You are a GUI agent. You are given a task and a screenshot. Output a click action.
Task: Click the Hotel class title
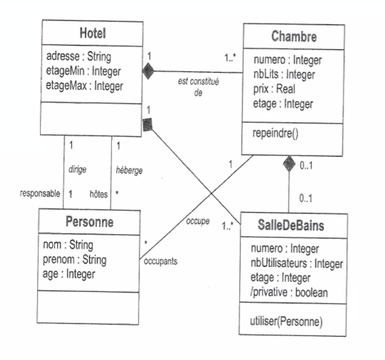92,33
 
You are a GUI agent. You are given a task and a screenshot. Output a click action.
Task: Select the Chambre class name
294,37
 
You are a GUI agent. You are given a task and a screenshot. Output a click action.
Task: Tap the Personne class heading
89,222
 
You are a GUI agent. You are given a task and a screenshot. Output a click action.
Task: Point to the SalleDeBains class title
294,226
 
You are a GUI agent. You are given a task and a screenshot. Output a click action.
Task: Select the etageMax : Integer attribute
84,85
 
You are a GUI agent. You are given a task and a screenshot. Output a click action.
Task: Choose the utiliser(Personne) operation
286,321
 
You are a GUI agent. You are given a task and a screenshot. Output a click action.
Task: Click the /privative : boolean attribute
289,293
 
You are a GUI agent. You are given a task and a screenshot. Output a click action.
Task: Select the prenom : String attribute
74,260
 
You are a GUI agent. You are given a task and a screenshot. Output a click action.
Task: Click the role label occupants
159,261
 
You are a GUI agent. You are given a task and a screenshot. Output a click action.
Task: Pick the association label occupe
199,219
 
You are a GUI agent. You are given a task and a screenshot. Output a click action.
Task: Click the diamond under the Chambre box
289,164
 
